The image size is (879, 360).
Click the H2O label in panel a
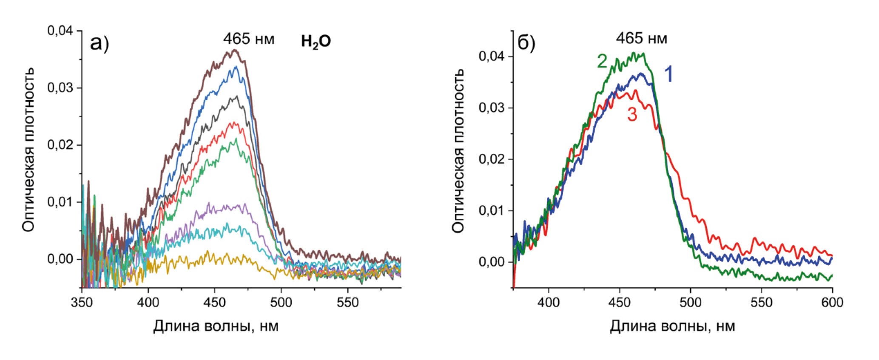[x=316, y=42]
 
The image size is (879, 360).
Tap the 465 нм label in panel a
[x=249, y=39]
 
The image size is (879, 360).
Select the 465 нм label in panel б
[x=642, y=39]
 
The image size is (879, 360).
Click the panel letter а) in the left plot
[x=100, y=43]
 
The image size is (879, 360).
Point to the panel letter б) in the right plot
[x=526, y=43]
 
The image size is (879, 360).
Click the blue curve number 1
[x=668, y=75]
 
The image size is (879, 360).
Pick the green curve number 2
[x=602, y=62]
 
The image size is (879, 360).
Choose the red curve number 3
[x=632, y=114]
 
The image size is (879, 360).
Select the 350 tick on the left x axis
[x=82, y=302]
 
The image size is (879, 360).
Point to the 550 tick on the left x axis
[x=347, y=302]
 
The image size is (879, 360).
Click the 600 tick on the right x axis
[x=832, y=302]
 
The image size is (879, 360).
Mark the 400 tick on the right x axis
[x=549, y=302]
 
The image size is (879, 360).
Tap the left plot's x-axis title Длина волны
[x=216, y=326]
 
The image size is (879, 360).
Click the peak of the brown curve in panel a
[x=234, y=50]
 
